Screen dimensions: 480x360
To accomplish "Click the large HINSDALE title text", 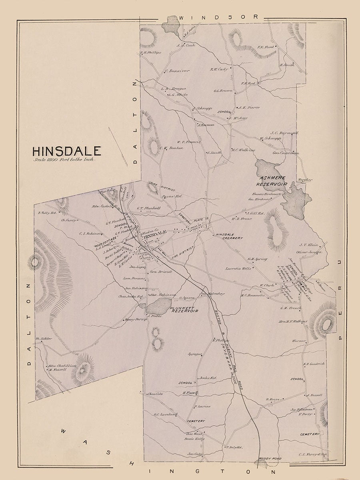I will (67, 151).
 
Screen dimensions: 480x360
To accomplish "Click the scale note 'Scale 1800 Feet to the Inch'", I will (64, 160).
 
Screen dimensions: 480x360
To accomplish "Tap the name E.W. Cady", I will (219, 69).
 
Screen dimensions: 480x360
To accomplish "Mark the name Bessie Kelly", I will (195, 439).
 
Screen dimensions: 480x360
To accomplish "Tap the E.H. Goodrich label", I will (314, 364).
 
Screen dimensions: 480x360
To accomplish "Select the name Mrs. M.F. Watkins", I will (293, 321).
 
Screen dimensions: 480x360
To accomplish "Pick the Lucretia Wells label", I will (238, 269).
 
